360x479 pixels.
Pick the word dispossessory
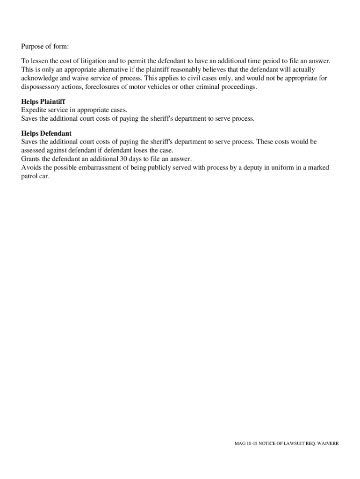42,87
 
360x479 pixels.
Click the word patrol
29,176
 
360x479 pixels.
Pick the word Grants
31,159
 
